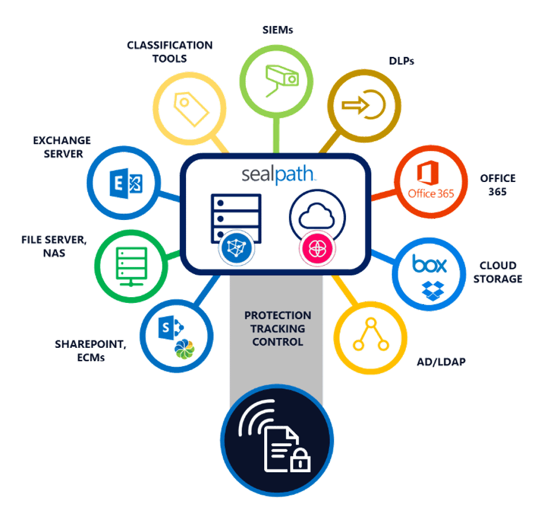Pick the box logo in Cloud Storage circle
(430, 264)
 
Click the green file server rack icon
(130, 264)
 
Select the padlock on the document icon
(300, 462)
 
